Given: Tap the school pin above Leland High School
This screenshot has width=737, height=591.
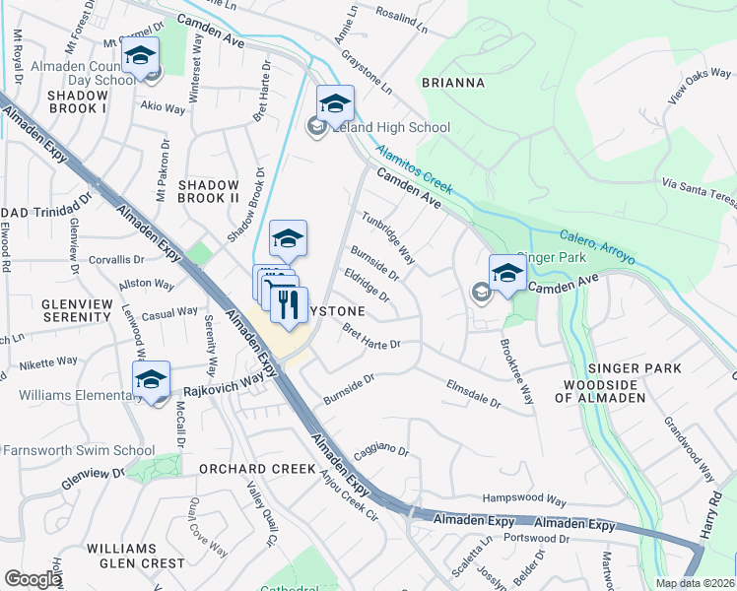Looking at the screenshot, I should pos(335,102).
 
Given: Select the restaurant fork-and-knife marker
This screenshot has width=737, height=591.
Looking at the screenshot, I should pos(289,303).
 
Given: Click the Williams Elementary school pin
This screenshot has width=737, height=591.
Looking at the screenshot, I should pos(152,379).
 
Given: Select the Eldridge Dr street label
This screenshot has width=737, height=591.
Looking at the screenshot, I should pos(368,286).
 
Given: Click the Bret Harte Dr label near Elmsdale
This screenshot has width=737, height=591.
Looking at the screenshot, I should pos(371,337).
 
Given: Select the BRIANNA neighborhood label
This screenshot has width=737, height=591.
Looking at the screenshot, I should pos(453,83).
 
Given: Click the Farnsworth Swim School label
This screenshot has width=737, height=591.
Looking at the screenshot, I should pos(78,450).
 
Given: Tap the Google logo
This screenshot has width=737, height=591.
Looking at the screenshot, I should pos(33,578).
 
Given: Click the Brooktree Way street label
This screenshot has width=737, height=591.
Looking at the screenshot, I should pos(518,371).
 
